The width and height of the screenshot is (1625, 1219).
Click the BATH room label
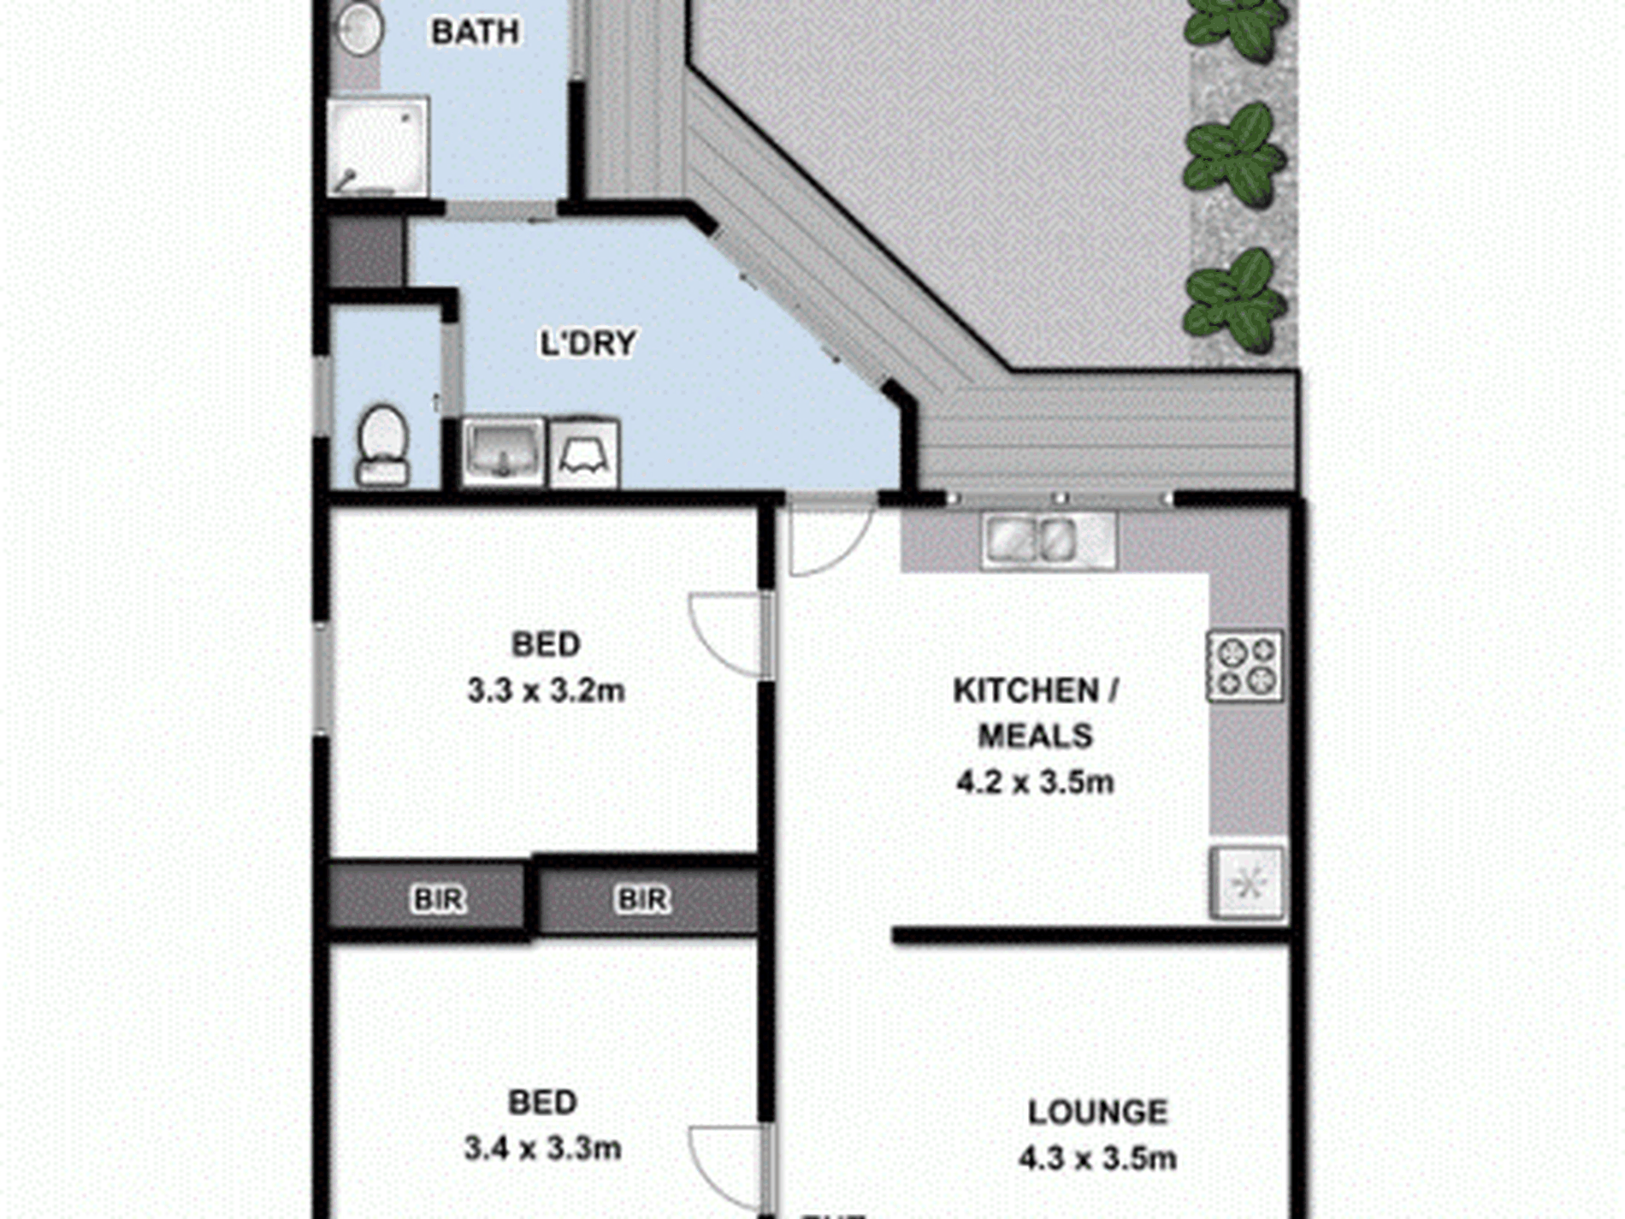476,33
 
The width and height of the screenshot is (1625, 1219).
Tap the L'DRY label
588,343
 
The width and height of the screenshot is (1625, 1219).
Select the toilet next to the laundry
382,445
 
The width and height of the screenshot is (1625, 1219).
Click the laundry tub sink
503,451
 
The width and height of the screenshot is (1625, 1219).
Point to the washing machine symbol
584,453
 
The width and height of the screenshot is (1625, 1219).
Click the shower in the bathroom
377,147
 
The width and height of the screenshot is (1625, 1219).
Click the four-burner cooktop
1244,666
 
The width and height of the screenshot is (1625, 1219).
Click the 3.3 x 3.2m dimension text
546,690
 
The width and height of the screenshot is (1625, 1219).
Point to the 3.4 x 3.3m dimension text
542,1148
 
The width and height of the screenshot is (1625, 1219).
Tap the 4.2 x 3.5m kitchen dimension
1035,782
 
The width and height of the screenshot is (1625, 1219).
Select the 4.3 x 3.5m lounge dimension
1097,1158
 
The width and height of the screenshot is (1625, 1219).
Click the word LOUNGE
1097,1112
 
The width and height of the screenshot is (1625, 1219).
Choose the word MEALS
1035,736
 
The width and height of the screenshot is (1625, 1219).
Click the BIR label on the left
439,899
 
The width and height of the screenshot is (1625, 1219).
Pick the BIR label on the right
642,899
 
